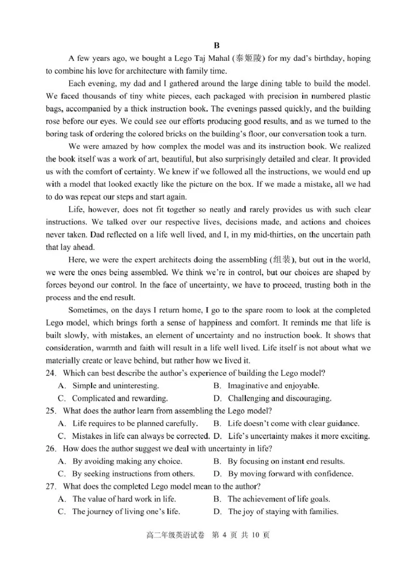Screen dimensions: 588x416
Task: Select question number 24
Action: (51, 373)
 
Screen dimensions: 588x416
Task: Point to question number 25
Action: (51, 411)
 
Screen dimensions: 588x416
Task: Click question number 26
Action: (51, 449)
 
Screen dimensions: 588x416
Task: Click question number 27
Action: (51, 486)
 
